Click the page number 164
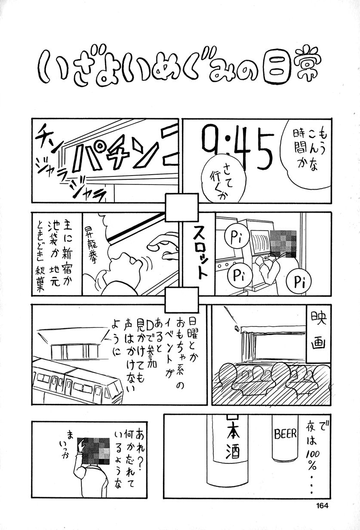pos(322,506)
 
